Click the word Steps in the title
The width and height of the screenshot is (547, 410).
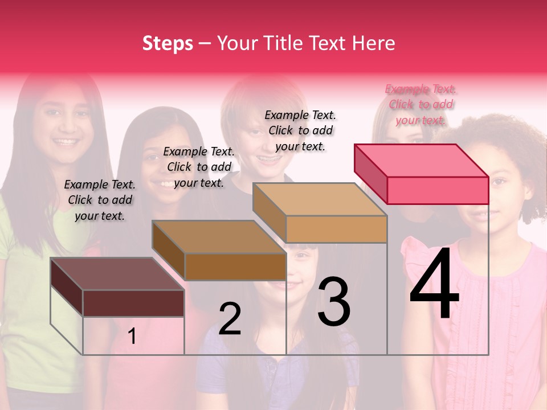tap(168, 43)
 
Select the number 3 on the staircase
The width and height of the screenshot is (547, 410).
tap(334, 302)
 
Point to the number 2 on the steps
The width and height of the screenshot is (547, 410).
tap(230, 319)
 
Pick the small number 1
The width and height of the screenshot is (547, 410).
tap(132, 337)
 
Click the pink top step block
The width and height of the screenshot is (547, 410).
tap(422, 174)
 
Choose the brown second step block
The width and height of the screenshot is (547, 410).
tap(219, 251)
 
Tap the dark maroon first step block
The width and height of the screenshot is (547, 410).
tap(118, 288)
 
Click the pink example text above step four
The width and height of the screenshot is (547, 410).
tap(421, 104)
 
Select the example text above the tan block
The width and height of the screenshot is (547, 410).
tap(300, 130)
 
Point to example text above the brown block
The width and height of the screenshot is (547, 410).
tap(199, 167)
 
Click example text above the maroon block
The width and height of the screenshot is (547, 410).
tap(100, 200)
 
